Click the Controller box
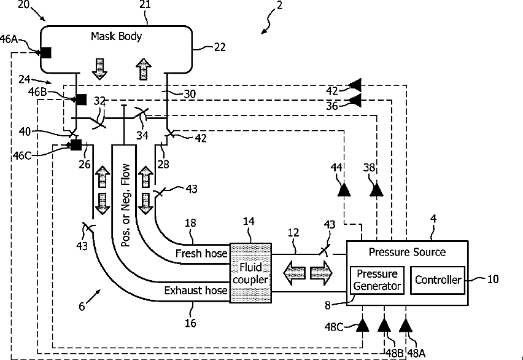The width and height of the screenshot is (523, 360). (x=438, y=280)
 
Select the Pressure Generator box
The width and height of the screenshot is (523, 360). (x=377, y=280)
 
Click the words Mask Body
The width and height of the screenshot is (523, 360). (x=116, y=36)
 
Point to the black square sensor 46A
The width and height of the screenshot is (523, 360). (x=45, y=53)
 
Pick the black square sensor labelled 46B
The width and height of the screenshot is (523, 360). (x=80, y=99)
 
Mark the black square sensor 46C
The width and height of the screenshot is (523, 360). (x=76, y=144)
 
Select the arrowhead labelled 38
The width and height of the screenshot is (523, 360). (x=375, y=189)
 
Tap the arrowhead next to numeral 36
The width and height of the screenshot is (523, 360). (x=354, y=100)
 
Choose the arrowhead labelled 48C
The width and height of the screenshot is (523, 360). (x=362, y=324)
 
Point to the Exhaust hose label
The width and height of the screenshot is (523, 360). (x=195, y=289)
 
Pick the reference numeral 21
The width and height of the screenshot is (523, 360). (x=145, y=6)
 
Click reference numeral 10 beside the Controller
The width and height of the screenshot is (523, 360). (x=493, y=279)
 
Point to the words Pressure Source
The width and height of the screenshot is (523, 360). (x=407, y=252)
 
